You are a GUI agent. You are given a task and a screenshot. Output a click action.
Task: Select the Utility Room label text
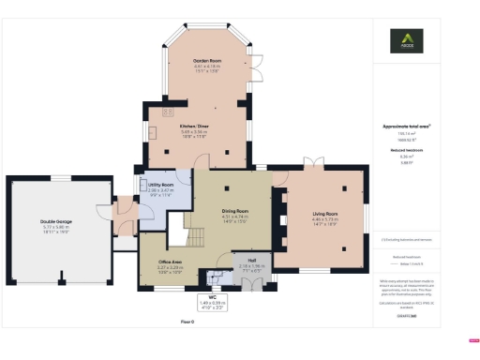pyautogui.click(x=161, y=185)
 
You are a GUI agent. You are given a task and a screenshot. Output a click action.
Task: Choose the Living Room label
pyautogui.click(x=324, y=214)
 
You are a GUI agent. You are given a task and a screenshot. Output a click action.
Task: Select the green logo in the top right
pyautogui.click(x=405, y=42)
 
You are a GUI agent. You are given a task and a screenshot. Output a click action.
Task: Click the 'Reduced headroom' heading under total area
pyautogui.click(x=405, y=148)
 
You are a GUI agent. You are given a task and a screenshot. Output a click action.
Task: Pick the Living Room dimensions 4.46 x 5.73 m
pyautogui.click(x=324, y=221)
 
